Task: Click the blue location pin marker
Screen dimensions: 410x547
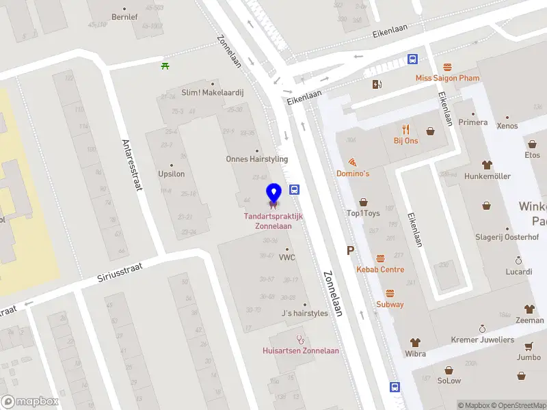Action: pos(273,193)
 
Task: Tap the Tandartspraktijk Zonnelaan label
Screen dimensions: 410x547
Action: pos(273,221)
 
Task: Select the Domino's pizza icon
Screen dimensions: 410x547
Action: pos(353,163)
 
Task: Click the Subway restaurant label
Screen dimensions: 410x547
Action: pos(390,304)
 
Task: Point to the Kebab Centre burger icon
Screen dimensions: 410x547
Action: pos(380,258)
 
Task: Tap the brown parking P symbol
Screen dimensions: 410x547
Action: pos(351,251)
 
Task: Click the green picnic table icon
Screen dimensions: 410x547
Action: pos(165,66)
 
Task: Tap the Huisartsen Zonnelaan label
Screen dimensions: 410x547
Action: pos(301,351)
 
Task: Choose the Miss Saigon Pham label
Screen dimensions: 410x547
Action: pos(448,78)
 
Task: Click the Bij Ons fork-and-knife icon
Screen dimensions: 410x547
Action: pos(405,129)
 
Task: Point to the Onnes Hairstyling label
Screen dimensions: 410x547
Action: pos(257,159)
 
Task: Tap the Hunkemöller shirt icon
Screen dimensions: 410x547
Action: pos(487,165)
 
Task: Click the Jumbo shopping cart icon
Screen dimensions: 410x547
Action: pos(529,346)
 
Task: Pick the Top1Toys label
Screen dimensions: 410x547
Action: pos(363,213)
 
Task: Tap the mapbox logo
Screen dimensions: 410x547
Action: pos(29,402)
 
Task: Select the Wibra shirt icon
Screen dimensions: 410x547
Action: pos(415,342)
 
